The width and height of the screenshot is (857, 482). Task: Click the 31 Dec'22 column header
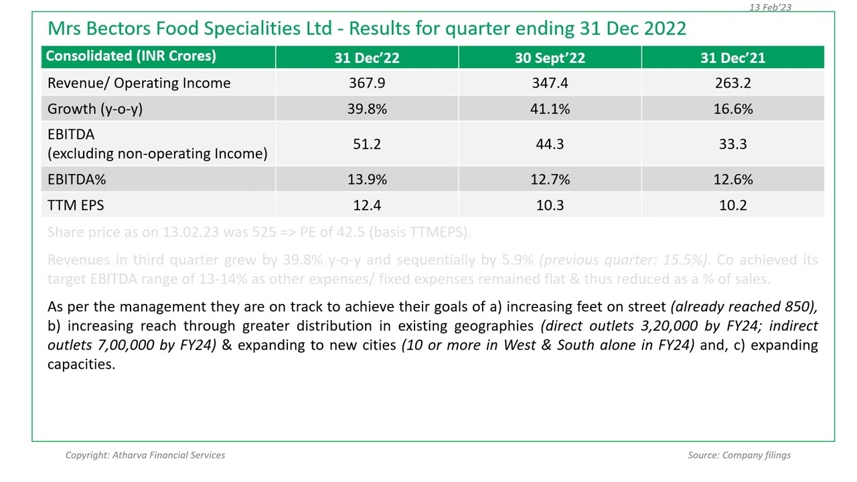point(367,58)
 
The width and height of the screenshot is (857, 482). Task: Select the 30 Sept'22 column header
point(550,58)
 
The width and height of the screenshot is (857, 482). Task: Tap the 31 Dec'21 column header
point(732,58)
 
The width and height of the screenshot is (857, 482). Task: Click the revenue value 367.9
point(367,83)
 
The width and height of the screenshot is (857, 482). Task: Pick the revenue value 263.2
point(732,83)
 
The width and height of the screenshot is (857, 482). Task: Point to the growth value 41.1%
point(550,108)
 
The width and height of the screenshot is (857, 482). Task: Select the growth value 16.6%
point(732,108)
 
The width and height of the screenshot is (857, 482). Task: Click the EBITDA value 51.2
point(367,144)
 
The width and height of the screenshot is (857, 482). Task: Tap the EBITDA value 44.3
point(550,144)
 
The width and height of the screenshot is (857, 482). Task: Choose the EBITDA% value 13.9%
point(367,179)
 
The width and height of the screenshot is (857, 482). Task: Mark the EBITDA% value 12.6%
point(732,179)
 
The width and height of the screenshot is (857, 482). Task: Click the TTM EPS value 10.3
point(550,205)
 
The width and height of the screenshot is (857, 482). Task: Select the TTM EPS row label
point(76,205)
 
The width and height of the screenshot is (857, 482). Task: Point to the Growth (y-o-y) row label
point(95,108)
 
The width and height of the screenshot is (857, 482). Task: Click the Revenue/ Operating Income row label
point(139,83)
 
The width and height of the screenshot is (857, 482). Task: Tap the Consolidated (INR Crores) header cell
point(131,56)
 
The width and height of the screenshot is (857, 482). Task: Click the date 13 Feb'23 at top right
point(770,7)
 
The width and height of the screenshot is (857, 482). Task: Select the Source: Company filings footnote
point(738,455)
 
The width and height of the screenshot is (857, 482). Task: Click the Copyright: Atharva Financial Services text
point(145,455)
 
